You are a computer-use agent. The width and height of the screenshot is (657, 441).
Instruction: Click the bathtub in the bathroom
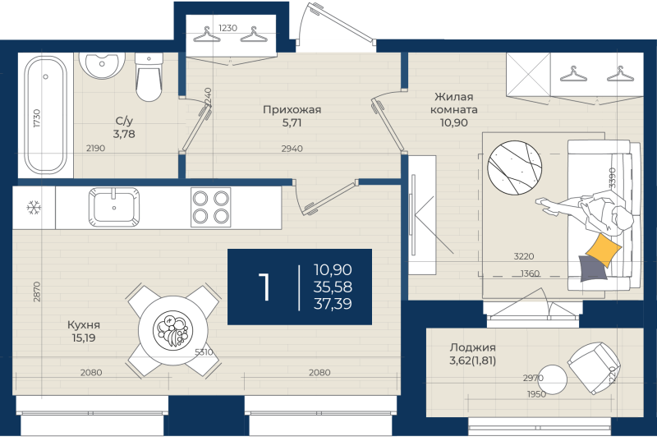tap(44, 115)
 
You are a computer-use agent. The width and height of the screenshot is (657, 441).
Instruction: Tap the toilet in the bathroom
tap(149, 78)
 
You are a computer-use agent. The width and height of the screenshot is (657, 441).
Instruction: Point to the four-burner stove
tap(210, 207)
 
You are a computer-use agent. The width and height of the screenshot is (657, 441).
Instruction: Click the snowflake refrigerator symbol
tap(34, 208)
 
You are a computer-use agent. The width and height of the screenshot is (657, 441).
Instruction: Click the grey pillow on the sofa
tap(592, 268)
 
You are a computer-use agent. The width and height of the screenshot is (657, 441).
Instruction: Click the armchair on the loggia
tap(593, 366)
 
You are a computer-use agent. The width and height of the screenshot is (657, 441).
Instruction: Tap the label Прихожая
tap(292, 109)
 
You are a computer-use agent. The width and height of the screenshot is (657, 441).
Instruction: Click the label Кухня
tap(85, 324)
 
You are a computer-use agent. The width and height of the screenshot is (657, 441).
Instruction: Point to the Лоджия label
tap(472, 347)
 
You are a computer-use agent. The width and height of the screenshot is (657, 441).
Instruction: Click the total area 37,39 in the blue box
tap(333, 304)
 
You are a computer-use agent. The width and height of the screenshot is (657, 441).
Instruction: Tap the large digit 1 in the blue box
tap(265, 287)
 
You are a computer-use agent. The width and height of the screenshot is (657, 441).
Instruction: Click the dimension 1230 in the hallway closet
tap(227, 28)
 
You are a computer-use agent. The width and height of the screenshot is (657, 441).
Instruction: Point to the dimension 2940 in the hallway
tap(293, 149)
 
